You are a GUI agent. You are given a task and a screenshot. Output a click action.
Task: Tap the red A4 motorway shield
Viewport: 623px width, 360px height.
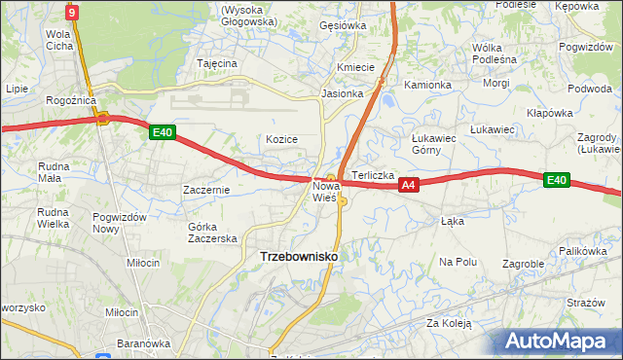pyautogui.click(x=409, y=184)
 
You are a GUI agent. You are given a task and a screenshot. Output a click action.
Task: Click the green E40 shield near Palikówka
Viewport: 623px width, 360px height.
pyautogui.click(x=556, y=180)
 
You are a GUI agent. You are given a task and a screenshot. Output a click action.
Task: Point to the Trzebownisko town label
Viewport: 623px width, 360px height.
pyautogui.click(x=299, y=256)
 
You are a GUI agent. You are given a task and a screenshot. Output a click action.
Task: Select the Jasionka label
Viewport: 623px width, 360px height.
pyautogui.click(x=343, y=94)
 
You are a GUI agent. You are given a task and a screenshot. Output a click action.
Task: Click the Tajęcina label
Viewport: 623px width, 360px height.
pyautogui.click(x=217, y=63)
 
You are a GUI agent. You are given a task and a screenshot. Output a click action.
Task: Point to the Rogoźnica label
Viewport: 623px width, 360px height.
pyautogui.click(x=69, y=100)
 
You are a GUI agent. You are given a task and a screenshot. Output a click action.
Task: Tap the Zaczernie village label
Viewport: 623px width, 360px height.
pyautogui.click(x=205, y=190)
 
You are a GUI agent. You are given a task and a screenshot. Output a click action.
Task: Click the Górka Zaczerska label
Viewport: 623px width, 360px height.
pyautogui.click(x=212, y=233)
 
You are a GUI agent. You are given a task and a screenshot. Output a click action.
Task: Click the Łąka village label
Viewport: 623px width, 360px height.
pyautogui.click(x=452, y=221)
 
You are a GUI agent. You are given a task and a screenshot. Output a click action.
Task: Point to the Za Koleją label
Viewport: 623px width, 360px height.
pyautogui.click(x=448, y=323)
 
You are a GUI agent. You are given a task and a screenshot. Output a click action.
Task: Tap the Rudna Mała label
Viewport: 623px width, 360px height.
pyautogui.click(x=49, y=172)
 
